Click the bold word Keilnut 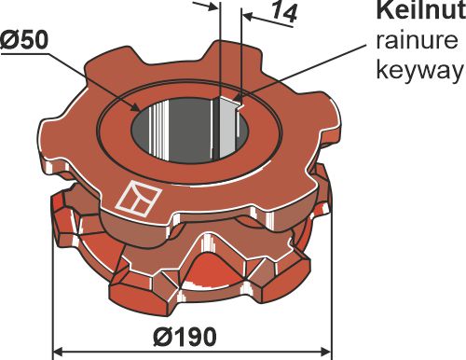(x=418, y=12)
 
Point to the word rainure (x=417, y=41)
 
